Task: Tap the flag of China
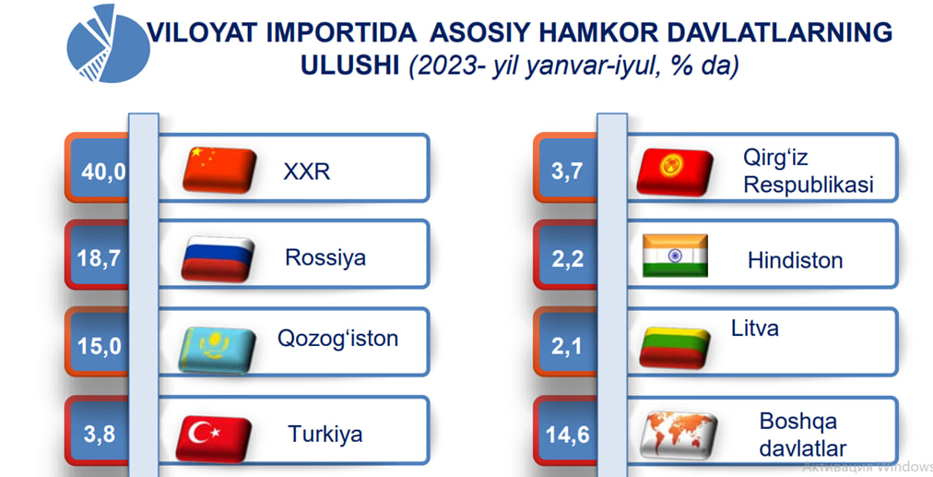coord(219,171)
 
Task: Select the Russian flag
coord(218,258)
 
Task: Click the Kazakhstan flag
coord(218,350)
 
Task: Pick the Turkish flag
coord(214,439)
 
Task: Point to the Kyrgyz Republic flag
coord(675,173)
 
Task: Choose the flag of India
coord(675,256)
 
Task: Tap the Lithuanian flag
coord(675,348)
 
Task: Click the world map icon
coord(679,435)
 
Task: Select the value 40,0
coord(103,173)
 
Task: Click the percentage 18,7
coord(99,258)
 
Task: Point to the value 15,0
coord(100,346)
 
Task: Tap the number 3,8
coord(100,435)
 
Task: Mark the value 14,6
coord(568,435)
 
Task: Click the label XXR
coord(306,172)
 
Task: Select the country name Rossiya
coord(325,257)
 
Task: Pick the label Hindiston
coord(795,260)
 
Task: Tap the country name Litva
coord(754,328)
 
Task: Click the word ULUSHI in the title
coord(350,66)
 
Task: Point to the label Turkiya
coord(325,435)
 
